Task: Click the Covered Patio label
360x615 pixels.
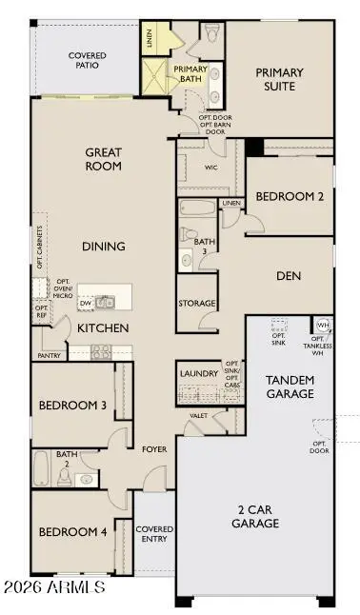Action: pyautogui.click(x=88, y=61)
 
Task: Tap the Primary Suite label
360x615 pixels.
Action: pyautogui.click(x=279, y=79)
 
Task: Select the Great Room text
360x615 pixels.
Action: pyautogui.click(x=104, y=159)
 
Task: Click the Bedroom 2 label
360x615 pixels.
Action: pyautogui.click(x=289, y=196)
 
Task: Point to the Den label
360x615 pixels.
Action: pyautogui.click(x=288, y=276)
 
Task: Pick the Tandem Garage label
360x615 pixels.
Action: pyautogui.click(x=290, y=387)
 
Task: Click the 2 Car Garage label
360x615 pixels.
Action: pyautogui.click(x=253, y=517)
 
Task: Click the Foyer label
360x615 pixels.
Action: pyautogui.click(x=154, y=448)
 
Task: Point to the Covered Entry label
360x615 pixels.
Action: pyautogui.click(x=154, y=534)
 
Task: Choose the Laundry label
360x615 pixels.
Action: pyautogui.click(x=199, y=373)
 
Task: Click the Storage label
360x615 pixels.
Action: pyautogui.click(x=196, y=304)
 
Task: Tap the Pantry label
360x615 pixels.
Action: pyautogui.click(x=50, y=355)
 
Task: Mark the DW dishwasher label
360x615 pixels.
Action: pyautogui.click(x=87, y=305)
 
